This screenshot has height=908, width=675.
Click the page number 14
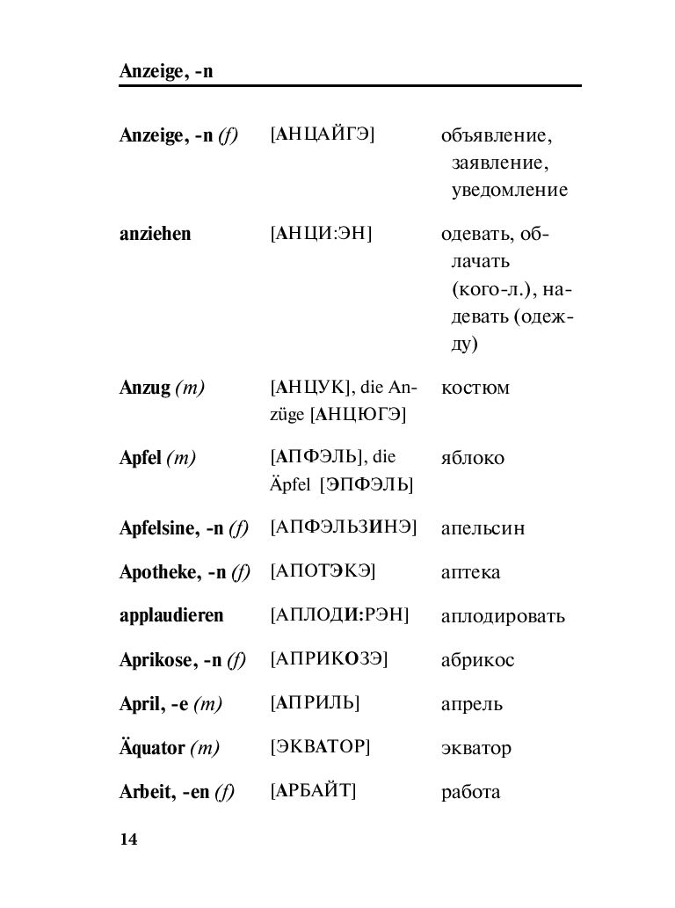pyautogui.click(x=128, y=839)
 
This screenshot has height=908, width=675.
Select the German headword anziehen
pyautogui.click(x=155, y=235)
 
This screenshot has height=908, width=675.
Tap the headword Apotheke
pyautogui.click(x=158, y=572)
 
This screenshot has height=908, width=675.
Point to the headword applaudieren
pyautogui.click(x=171, y=615)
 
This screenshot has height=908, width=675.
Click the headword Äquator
pyautogui.click(x=152, y=748)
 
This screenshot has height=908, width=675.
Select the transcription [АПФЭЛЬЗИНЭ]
pyautogui.click(x=343, y=527)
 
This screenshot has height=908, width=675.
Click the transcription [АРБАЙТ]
pyautogui.click(x=313, y=790)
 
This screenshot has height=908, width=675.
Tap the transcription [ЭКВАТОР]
pyautogui.click(x=320, y=747)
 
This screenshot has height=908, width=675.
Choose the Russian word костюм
pyautogui.click(x=475, y=389)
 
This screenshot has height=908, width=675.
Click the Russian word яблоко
pyautogui.click(x=472, y=459)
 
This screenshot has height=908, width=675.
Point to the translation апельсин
pyautogui.click(x=483, y=528)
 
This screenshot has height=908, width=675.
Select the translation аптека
pyautogui.click(x=470, y=573)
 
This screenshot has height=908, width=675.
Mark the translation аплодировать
pyautogui.click(x=503, y=616)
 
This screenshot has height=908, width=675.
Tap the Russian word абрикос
pyautogui.click(x=477, y=660)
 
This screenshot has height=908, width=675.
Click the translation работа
pyautogui.click(x=470, y=791)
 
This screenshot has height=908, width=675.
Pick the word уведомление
pyautogui.click(x=510, y=190)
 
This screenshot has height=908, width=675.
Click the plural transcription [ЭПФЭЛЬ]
pyautogui.click(x=367, y=484)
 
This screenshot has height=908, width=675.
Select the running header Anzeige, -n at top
pyautogui.click(x=166, y=71)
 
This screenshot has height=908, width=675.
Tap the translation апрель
pyautogui.click(x=471, y=704)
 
